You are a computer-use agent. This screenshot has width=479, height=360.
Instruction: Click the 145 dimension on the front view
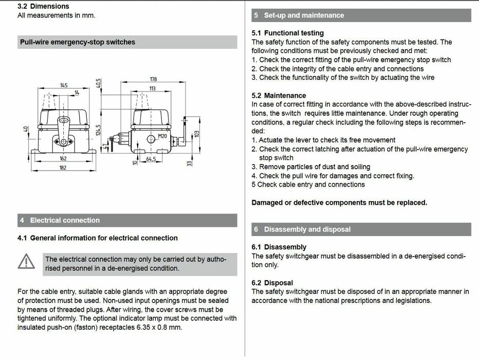(x=64, y=85)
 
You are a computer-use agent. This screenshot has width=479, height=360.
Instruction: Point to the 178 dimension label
(x=153, y=79)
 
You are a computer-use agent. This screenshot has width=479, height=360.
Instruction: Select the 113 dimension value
(x=153, y=88)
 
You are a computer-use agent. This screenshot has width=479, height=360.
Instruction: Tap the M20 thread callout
(x=162, y=136)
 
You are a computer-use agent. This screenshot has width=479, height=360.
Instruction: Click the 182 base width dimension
(x=63, y=168)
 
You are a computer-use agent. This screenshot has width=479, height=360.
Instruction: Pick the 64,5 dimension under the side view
(x=151, y=159)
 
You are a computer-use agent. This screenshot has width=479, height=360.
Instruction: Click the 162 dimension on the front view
(x=63, y=159)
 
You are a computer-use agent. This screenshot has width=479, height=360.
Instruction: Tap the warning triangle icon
(x=26, y=262)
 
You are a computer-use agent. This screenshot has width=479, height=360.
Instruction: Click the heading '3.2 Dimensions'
(x=43, y=6)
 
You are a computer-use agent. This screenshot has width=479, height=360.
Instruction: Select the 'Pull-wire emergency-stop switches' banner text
(x=78, y=42)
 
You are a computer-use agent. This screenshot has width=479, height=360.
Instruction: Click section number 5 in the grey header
(x=256, y=15)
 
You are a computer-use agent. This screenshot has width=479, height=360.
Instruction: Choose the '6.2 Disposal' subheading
(x=272, y=283)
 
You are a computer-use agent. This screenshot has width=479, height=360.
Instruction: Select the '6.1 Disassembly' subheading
(x=279, y=247)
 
